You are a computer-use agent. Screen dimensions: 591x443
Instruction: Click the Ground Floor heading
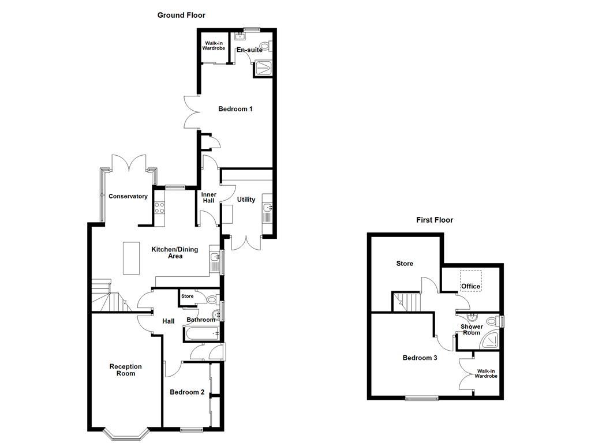[181, 15]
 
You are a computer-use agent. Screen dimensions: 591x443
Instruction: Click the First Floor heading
[435, 220]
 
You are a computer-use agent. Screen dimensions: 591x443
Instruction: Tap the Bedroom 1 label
[235, 109]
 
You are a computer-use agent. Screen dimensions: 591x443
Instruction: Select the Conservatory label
[128, 196]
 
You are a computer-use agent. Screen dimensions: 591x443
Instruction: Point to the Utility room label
[246, 200]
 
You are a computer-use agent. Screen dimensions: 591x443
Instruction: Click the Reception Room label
[125, 370]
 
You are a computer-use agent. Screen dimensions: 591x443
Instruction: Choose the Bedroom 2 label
[187, 392]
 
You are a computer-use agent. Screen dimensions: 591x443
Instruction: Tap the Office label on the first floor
[471, 286]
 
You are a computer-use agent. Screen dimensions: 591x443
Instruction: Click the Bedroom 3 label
[420, 358]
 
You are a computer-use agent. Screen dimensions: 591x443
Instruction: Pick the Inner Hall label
[209, 197]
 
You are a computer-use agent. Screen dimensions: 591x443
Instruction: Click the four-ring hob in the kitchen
[159, 208]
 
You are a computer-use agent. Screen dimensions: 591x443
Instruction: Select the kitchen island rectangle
[132, 258]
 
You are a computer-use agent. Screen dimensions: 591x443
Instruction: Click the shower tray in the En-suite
[263, 68]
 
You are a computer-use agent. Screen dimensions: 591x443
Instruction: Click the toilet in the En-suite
[265, 47]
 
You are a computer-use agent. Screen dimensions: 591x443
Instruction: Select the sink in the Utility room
[268, 208]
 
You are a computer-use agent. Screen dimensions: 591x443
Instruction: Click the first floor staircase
[406, 302]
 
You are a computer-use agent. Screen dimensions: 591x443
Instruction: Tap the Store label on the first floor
[405, 264]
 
